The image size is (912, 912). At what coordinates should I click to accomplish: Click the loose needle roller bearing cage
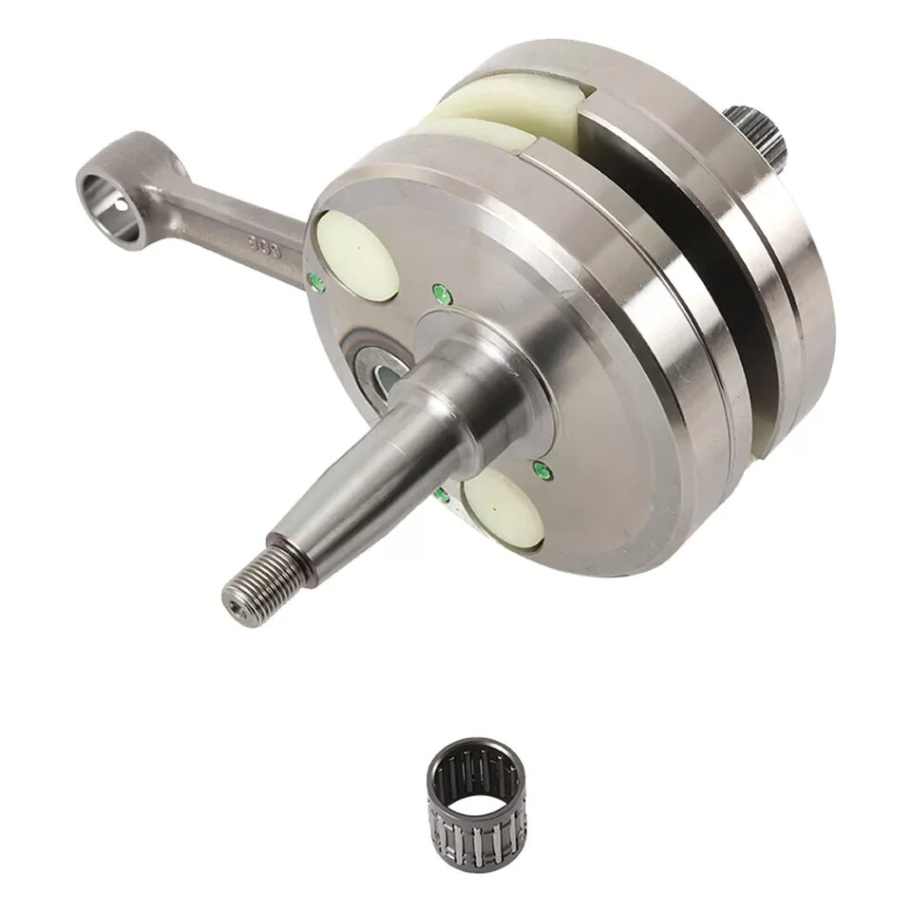[475, 788]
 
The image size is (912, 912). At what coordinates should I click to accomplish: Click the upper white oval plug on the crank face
[357, 255]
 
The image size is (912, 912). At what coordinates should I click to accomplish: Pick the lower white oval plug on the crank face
[503, 508]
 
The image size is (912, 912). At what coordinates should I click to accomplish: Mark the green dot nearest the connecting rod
[317, 282]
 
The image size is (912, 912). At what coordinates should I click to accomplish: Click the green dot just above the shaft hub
[442, 294]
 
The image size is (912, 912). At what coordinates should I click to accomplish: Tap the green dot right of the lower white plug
[542, 470]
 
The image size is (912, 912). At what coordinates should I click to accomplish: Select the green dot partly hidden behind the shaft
[442, 494]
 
